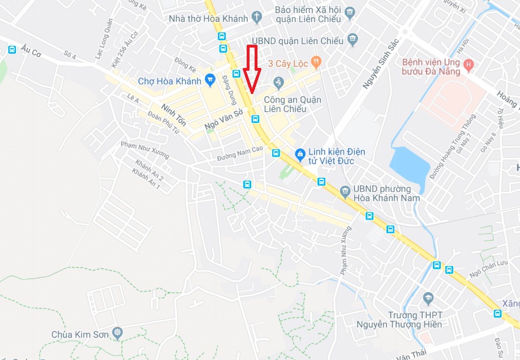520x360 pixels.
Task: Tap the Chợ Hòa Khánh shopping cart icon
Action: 210,79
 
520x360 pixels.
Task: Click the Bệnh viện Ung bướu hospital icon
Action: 469,66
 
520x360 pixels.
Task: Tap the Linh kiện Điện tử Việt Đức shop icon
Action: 299,152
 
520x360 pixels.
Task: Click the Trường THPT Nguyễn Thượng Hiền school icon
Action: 428,297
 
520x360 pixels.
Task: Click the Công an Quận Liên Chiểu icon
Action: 278,83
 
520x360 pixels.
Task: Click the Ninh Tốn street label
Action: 173,114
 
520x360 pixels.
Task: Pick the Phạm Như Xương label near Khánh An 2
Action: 144,149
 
